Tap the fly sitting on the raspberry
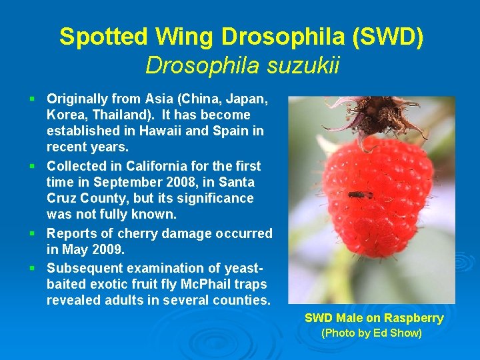359,195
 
